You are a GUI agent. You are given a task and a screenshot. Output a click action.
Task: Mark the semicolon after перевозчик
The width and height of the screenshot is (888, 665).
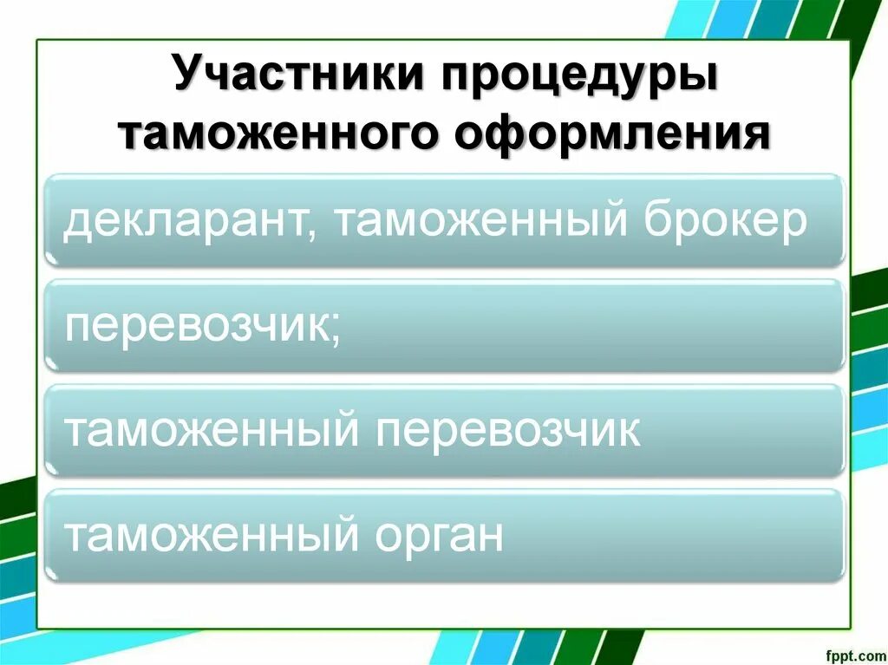[x=334, y=330]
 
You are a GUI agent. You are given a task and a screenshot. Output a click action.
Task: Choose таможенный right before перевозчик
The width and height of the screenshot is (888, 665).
[x=212, y=431]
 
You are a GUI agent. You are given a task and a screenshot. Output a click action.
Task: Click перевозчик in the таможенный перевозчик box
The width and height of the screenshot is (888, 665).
[x=507, y=431]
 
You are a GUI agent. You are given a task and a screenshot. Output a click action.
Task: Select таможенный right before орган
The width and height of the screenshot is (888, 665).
[x=212, y=535]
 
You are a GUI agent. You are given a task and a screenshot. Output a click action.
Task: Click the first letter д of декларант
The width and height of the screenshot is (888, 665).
[x=78, y=223]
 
